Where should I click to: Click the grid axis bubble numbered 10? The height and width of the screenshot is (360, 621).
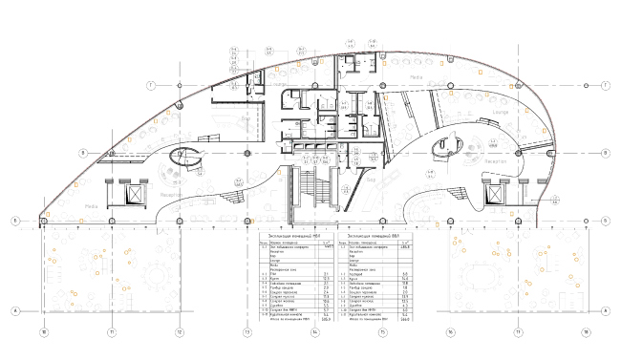43,332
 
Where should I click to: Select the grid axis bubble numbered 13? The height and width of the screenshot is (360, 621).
247,332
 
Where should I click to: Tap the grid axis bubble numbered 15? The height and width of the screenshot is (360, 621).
382,332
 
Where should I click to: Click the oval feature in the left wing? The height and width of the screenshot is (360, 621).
183,156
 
